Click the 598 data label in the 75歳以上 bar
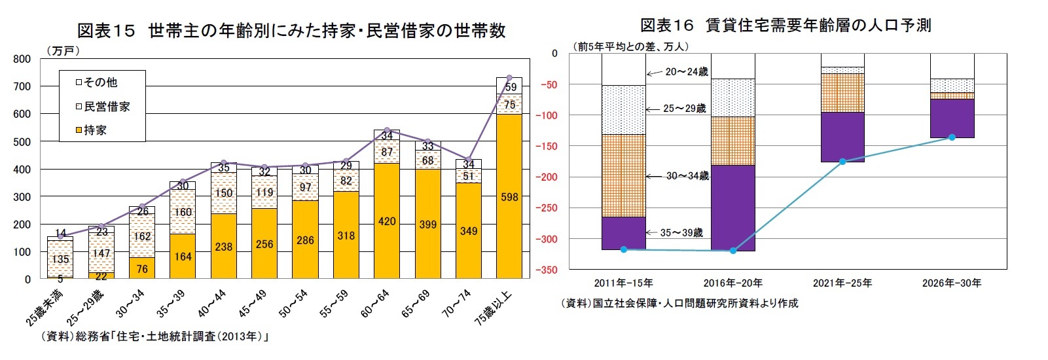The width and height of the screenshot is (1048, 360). click(x=509, y=197)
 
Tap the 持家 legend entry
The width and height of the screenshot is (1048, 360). click(x=92, y=130)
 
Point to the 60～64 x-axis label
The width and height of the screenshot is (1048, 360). click(x=375, y=304)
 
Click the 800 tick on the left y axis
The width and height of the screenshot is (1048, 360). click(x=22, y=59)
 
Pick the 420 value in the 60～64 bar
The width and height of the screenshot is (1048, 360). click(x=387, y=221)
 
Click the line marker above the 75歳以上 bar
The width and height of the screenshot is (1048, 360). click(x=509, y=78)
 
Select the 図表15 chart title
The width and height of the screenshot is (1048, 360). click(x=291, y=31)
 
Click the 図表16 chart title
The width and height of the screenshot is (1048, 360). click(x=786, y=26)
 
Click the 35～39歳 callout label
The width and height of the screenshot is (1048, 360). click(x=681, y=232)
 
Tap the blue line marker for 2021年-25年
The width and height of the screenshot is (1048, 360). click(x=842, y=161)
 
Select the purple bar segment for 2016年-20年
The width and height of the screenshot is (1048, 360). click(x=733, y=207)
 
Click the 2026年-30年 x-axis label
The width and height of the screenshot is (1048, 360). click(x=952, y=283)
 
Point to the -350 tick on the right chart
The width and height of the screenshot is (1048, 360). click(x=549, y=270)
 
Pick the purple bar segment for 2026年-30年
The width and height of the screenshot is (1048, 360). click(x=952, y=118)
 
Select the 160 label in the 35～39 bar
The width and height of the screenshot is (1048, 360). click(x=183, y=212)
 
